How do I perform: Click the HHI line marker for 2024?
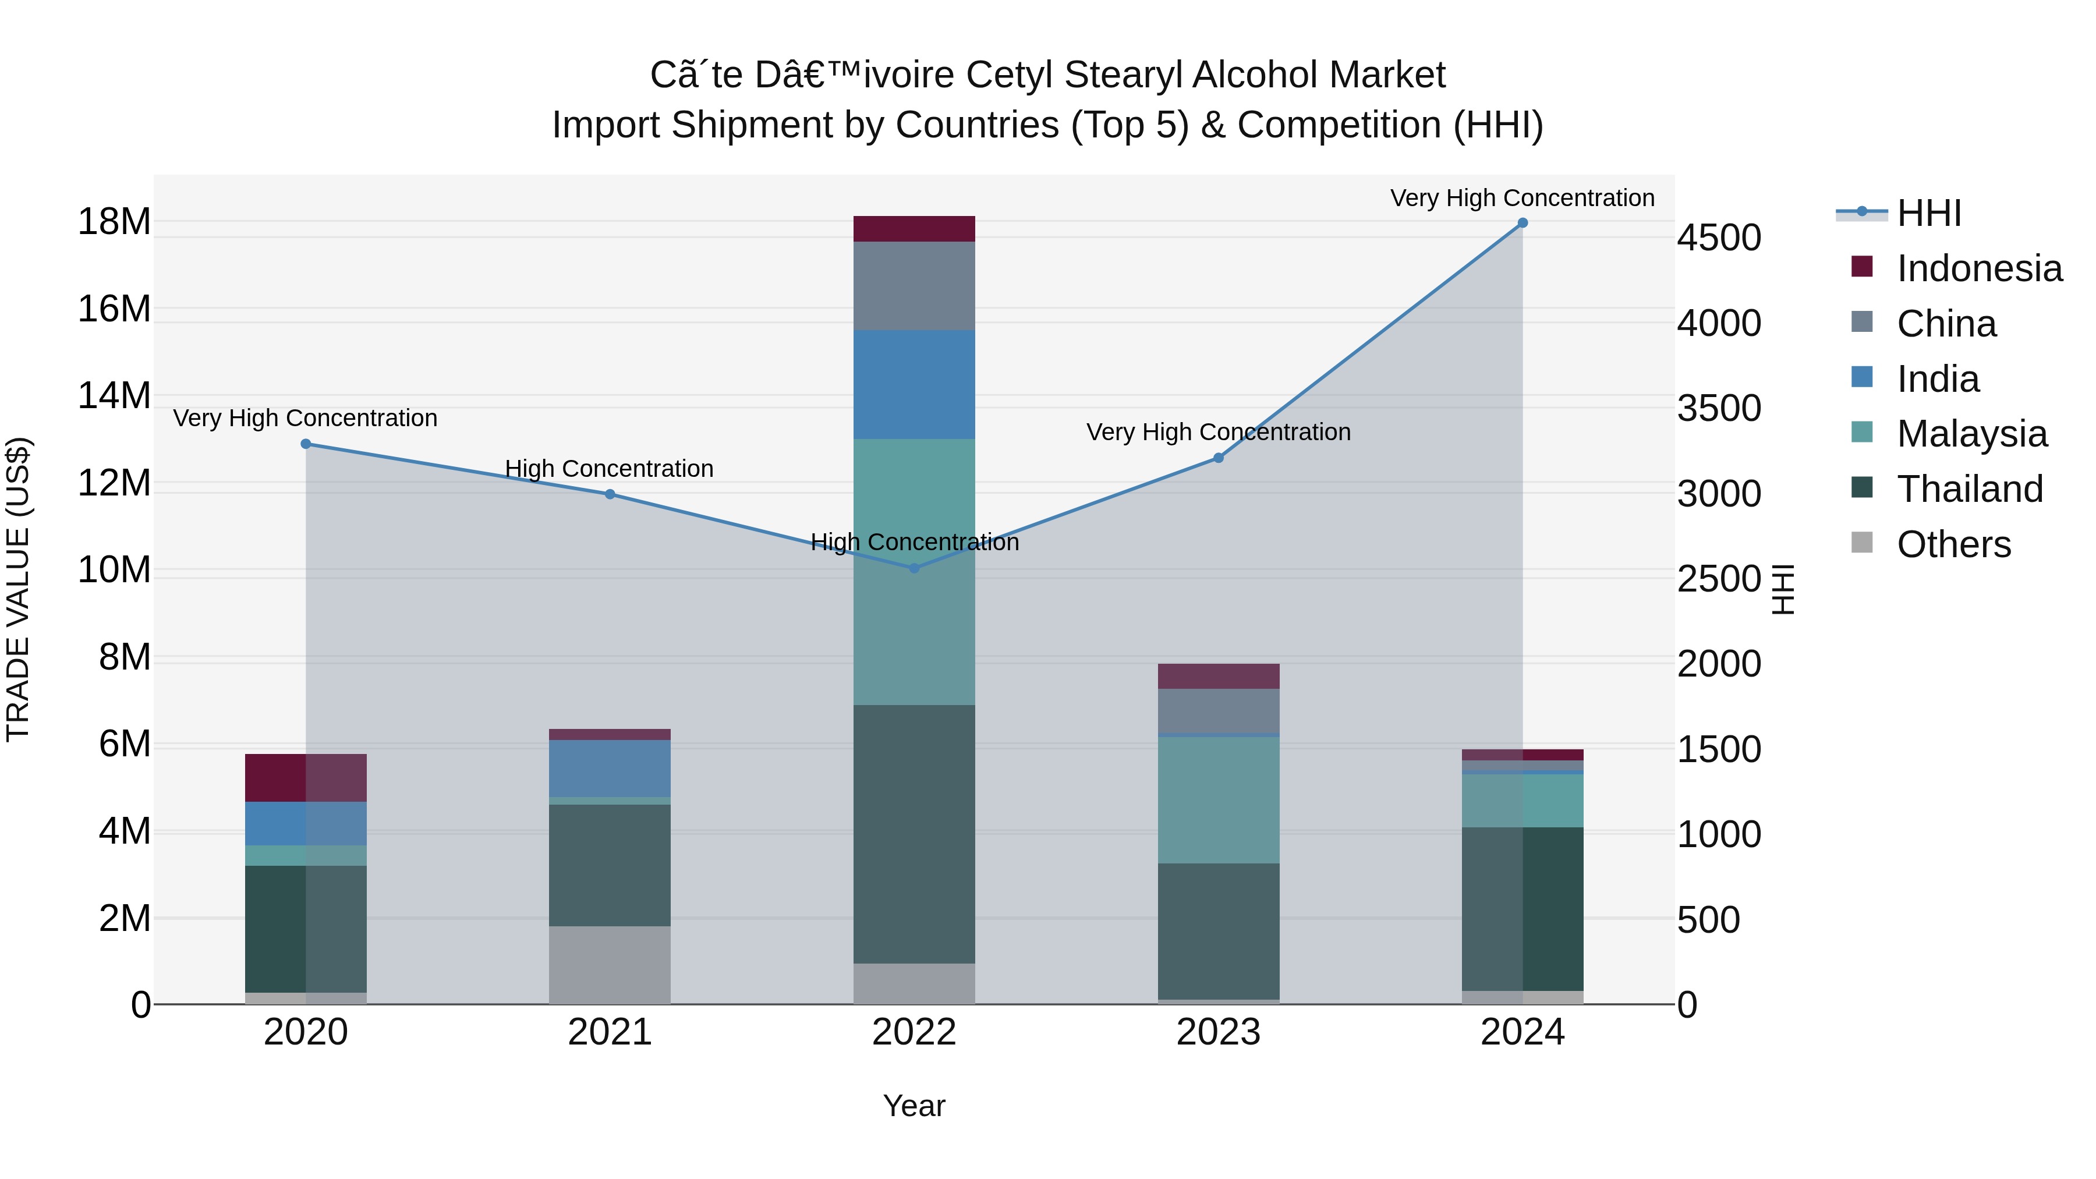coord(1523,223)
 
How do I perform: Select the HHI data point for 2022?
coord(914,568)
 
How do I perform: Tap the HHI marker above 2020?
coord(306,444)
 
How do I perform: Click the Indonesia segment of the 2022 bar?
coord(914,229)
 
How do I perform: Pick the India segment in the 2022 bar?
coord(914,384)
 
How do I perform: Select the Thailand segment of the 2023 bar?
coord(1218,931)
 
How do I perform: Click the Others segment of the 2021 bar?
coord(610,964)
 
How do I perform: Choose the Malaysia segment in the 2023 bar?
coord(1218,799)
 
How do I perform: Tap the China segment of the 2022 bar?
coord(914,286)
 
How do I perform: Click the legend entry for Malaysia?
coord(1971,434)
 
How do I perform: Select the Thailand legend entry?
coord(1969,489)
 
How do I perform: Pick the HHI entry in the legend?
coord(1928,213)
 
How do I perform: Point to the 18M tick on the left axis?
coord(114,221)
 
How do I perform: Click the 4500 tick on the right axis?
coord(1719,238)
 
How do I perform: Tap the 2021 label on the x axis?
coord(610,1032)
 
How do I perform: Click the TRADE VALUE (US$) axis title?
coord(18,589)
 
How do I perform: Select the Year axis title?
coord(914,1106)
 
